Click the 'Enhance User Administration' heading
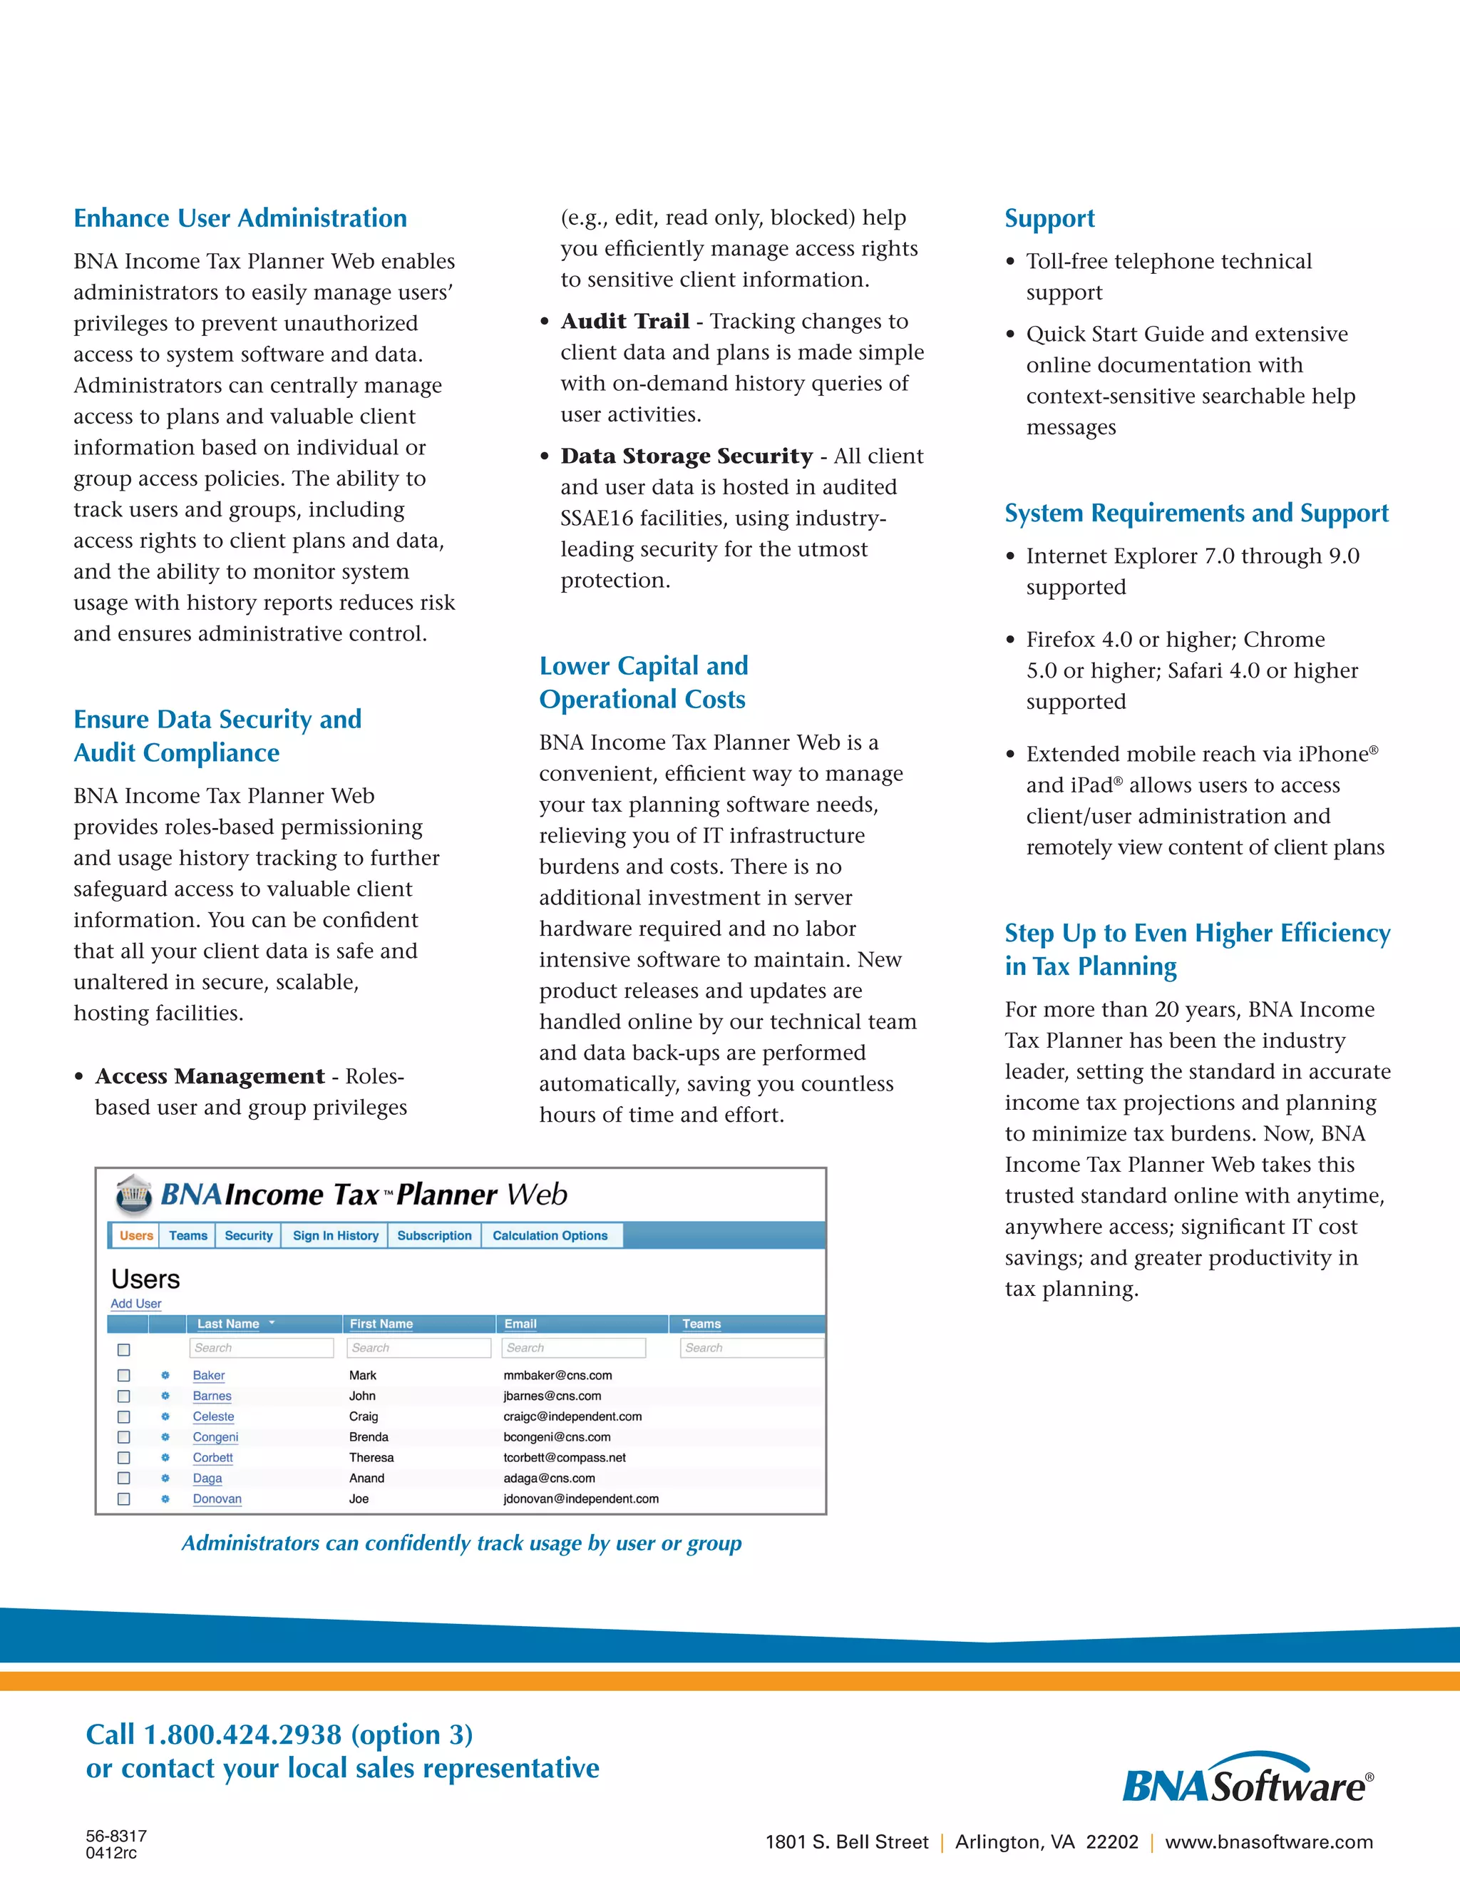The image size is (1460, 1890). pyautogui.click(x=240, y=218)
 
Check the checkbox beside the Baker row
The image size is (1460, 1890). pyautogui.click(x=123, y=1375)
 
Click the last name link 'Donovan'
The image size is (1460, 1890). pyautogui.click(x=217, y=1499)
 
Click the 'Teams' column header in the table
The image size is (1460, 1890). pyautogui.click(x=701, y=1323)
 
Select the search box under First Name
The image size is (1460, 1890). pyautogui.click(x=418, y=1347)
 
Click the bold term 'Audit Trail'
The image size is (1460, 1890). pyautogui.click(x=624, y=321)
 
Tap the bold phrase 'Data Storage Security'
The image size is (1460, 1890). pyautogui.click(x=686, y=456)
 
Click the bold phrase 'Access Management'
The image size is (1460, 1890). pyautogui.click(x=210, y=1076)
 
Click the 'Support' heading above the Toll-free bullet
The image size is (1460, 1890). pyautogui.click(x=1049, y=218)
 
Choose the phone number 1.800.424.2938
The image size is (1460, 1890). pyautogui.click(x=243, y=1735)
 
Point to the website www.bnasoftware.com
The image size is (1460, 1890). pyautogui.click(x=1269, y=1842)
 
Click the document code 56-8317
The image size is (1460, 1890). pyautogui.click(x=116, y=1836)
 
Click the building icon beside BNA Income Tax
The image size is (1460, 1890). pyautogui.click(x=134, y=1195)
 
